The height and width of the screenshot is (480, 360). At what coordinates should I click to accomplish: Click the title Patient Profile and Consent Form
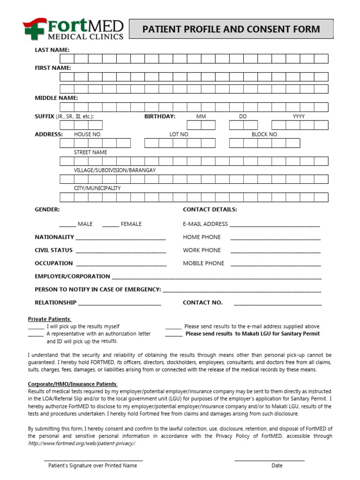click(x=231, y=29)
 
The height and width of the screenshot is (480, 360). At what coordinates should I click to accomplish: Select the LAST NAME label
click(x=52, y=50)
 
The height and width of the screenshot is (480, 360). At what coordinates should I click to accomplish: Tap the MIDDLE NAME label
click(x=56, y=98)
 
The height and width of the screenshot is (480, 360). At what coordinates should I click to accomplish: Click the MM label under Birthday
click(x=201, y=116)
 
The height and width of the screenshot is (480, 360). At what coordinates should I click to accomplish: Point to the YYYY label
click(x=299, y=116)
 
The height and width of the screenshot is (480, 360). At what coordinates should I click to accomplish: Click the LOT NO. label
click(x=179, y=135)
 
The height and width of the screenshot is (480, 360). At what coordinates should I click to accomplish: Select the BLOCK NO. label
click(x=265, y=135)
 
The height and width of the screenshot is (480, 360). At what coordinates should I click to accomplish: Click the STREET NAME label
click(x=90, y=152)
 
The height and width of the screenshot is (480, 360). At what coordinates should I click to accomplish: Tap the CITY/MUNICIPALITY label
click(x=97, y=188)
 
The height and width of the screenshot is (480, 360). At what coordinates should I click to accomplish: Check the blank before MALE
click(x=67, y=225)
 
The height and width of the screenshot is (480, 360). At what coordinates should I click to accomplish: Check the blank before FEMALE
click(x=110, y=225)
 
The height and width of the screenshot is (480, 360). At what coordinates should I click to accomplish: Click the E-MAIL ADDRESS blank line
click(x=275, y=225)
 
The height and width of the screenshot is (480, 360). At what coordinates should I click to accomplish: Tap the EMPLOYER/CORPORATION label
click(x=72, y=277)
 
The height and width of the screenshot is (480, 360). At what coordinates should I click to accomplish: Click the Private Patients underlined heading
click(x=49, y=319)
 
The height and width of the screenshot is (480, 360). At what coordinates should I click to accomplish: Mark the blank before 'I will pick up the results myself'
click(x=36, y=327)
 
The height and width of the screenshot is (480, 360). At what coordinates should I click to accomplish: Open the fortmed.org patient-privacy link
click(x=82, y=443)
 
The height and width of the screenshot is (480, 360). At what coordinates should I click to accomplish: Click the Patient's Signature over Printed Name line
click(x=93, y=459)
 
